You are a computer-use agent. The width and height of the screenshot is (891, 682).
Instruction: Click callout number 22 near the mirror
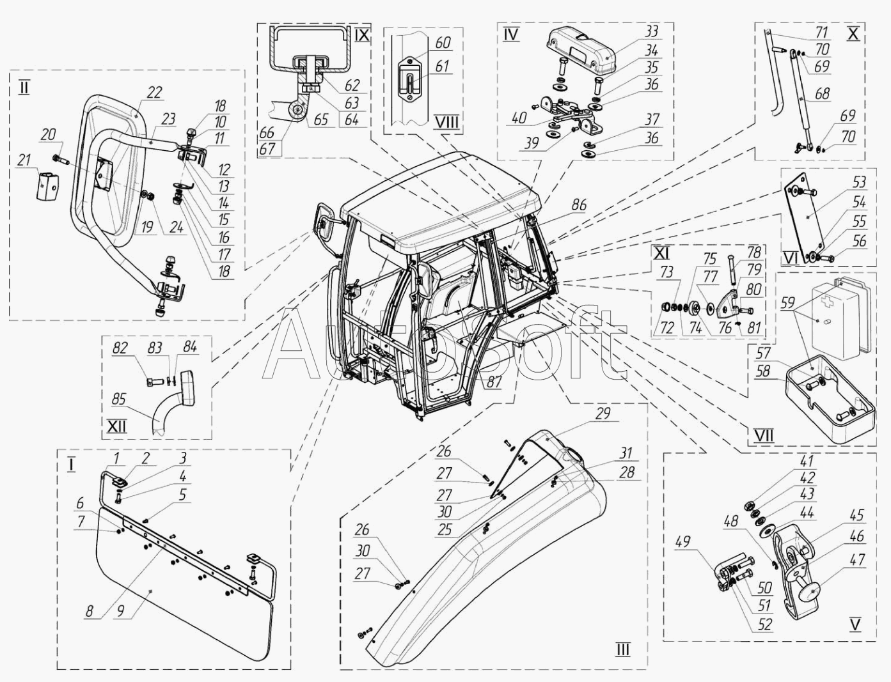pos(154,93)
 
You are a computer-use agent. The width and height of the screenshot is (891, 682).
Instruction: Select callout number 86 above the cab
pos(580,205)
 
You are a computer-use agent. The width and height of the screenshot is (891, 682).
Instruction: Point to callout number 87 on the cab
pos(494,382)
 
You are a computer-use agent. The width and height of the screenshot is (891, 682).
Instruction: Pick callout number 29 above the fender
pos(603,414)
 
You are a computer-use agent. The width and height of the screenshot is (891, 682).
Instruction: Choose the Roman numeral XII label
pos(117,427)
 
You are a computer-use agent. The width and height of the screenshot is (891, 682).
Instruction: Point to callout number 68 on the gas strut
pos(822,93)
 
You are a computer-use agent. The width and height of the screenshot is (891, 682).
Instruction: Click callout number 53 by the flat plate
pos(859,182)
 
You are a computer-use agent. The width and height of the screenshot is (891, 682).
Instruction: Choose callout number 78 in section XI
pos(753,252)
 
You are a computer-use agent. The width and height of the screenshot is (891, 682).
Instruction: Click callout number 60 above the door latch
pos(443,43)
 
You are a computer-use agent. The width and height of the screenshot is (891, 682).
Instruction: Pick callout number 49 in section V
pos(682,542)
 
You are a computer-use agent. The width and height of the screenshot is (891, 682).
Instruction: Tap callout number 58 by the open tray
pos(762,371)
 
